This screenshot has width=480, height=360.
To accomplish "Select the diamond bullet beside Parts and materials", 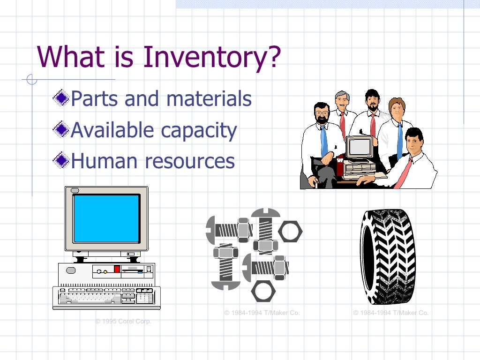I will [x=61, y=98].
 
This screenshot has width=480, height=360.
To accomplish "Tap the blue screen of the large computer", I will [x=106, y=218].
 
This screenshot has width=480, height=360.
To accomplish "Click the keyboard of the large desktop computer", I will [x=106, y=297].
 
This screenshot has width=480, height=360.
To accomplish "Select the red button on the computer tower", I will [x=117, y=269].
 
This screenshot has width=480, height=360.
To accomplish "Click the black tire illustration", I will [x=387, y=257].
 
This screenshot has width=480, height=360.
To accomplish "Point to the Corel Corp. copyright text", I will [x=123, y=322].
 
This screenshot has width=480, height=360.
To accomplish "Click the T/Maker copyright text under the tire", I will [x=391, y=313].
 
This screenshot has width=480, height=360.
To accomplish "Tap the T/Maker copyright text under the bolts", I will [x=262, y=313].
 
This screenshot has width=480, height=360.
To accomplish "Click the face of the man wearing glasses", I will [x=322, y=113].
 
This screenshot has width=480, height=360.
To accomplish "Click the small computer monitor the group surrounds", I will [x=359, y=148].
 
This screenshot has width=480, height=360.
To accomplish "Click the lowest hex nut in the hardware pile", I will [x=263, y=291].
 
